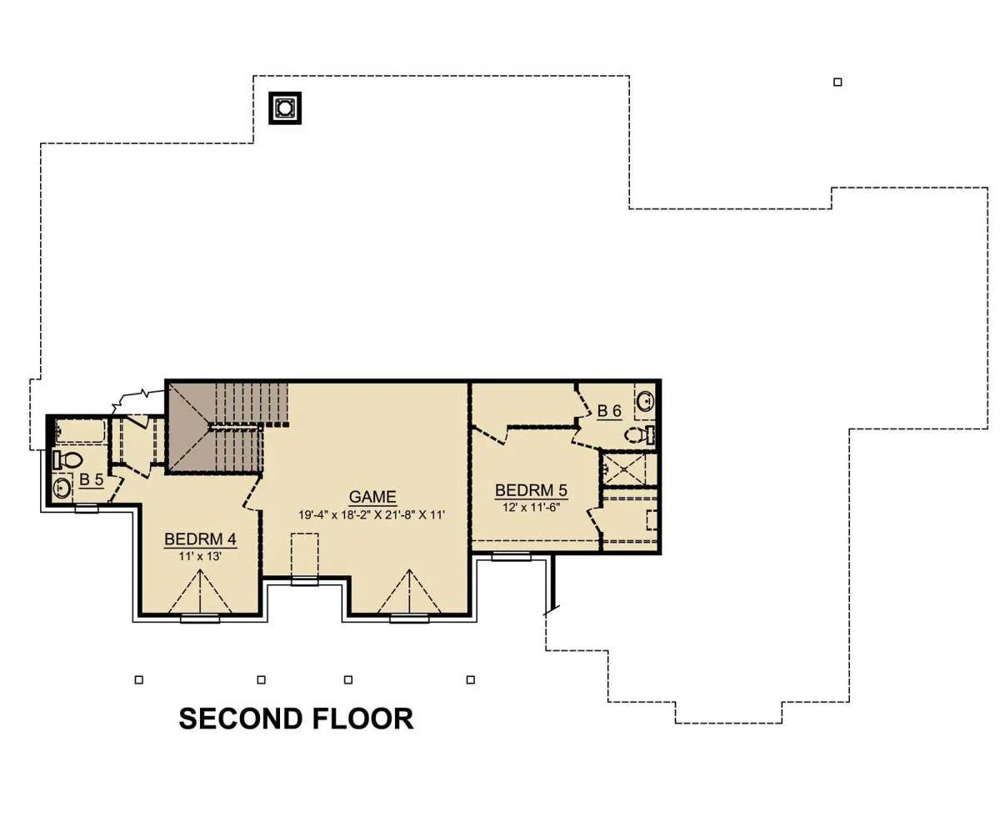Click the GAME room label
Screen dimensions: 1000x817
point(372,497)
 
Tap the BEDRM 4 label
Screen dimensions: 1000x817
point(200,539)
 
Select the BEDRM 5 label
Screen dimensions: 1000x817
point(531,490)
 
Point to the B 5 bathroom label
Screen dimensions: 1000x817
point(91,479)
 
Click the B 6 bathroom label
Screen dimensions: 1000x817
point(609,410)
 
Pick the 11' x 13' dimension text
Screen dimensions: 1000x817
point(200,556)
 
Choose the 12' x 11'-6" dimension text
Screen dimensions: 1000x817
point(531,507)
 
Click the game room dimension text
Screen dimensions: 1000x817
point(372,514)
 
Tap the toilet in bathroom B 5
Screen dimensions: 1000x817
point(67,459)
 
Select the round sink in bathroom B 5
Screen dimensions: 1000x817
point(62,487)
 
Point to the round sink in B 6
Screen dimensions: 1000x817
point(646,401)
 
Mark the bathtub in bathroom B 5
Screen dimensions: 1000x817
point(80,431)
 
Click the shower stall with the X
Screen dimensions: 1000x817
point(624,469)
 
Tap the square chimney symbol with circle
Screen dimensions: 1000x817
point(285,108)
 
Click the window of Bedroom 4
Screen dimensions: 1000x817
point(200,619)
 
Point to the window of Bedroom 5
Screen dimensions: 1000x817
point(511,556)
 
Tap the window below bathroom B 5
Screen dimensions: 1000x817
point(87,509)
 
